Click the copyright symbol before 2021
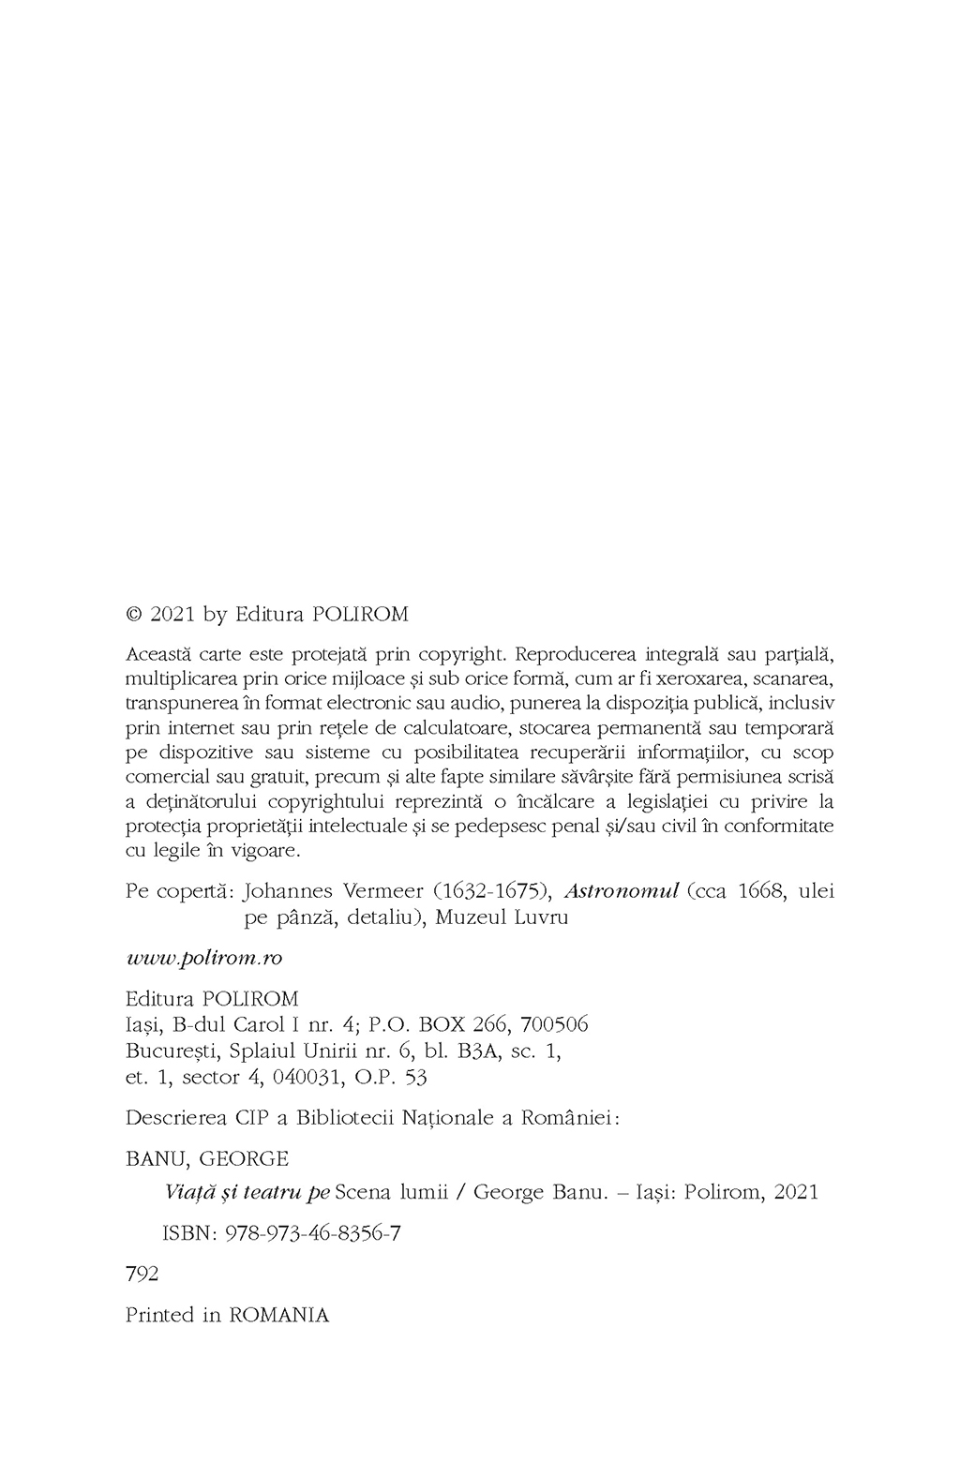(133, 615)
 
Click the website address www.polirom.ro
(204, 958)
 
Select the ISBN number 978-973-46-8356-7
(313, 1233)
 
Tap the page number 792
(142, 1275)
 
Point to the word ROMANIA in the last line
(279, 1315)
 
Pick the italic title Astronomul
(621, 890)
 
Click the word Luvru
(541, 917)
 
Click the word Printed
(160, 1315)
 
